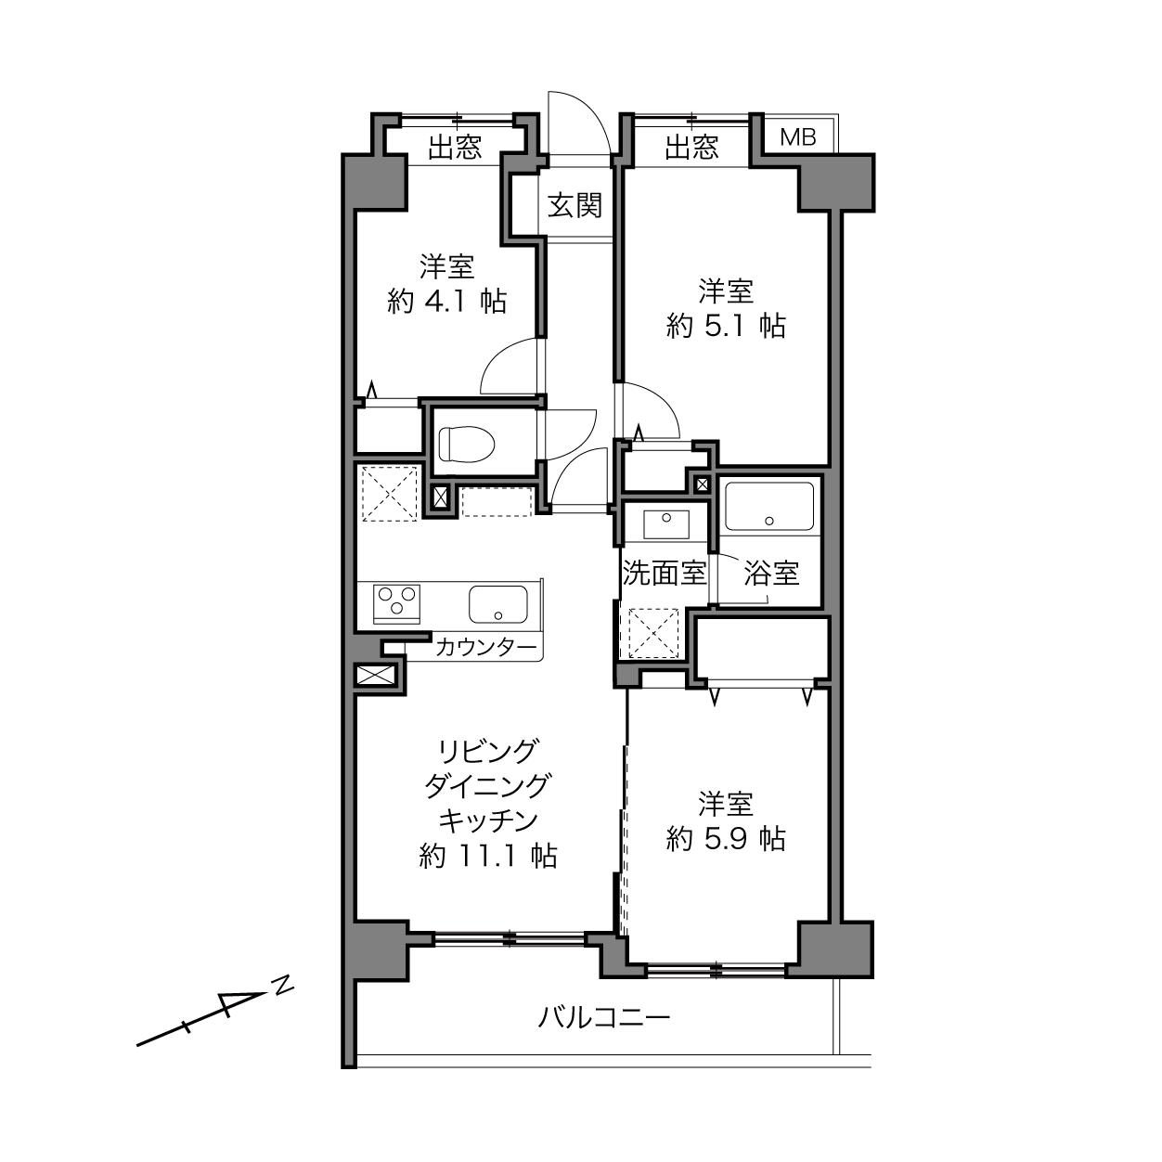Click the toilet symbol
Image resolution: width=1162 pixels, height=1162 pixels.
[x=467, y=444]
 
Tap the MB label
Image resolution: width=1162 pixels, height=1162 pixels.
[x=798, y=137]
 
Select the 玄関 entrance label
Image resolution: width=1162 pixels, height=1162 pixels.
[x=575, y=205]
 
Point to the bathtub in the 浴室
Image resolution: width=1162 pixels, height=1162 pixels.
[x=768, y=507]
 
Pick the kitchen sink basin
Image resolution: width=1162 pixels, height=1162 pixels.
[x=498, y=604]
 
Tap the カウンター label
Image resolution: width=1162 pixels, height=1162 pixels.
[x=485, y=648]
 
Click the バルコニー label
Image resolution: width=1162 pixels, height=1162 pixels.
[x=604, y=1018]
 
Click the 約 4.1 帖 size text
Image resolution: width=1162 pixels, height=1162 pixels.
[x=446, y=301]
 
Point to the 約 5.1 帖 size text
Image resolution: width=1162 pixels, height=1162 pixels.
[x=726, y=326]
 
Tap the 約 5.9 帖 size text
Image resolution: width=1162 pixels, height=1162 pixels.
[x=726, y=839]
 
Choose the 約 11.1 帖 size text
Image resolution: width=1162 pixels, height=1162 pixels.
[x=488, y=857]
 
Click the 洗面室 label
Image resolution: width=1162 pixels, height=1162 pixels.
[x=664, y=573]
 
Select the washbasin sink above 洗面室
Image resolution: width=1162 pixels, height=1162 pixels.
[x=666, y=524]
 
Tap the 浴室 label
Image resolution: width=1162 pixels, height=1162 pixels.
[x=771, y=573]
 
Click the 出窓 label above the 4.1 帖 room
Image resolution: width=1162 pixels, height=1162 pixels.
[x=455, y=148]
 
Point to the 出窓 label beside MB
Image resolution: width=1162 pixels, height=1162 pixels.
[x=691, y=148]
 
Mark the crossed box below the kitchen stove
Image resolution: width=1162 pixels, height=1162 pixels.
[x=376, y=674]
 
